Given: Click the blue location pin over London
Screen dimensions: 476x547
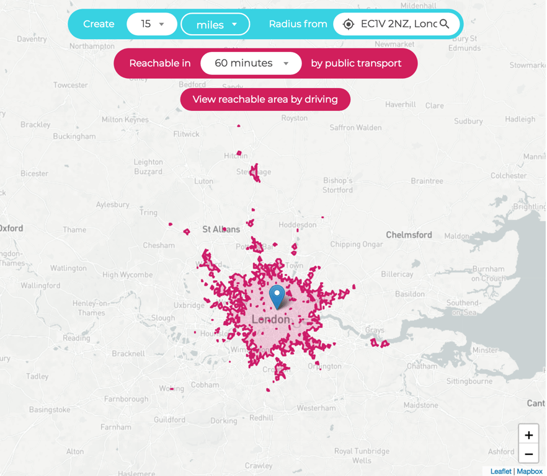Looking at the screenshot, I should point(277,296).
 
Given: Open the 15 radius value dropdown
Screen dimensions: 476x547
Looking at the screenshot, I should point(152,24).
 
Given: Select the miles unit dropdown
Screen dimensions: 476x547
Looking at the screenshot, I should point(215,25).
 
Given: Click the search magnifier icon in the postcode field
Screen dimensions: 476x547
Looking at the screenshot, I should point(445,24).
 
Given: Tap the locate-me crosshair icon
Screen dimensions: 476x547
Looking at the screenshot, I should point(349,24).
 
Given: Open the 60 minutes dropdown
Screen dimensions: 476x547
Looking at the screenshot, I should point(251,63).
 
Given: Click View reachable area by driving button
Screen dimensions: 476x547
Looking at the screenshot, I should point(265,99).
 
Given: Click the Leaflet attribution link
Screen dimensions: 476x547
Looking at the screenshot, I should point(500,472).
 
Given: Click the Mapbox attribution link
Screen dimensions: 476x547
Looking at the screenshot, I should point(530,472).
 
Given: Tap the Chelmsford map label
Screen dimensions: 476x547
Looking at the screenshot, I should point(409,235).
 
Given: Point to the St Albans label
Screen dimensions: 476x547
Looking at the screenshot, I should point(221,229).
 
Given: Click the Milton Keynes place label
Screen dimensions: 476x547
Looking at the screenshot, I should point(125,120).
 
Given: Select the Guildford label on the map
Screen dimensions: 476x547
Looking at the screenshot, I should point(169,420).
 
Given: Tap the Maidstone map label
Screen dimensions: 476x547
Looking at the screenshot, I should point(421,405).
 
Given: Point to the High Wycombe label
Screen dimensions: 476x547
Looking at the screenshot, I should point(127,275).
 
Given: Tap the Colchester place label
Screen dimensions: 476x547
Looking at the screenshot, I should point(509,175).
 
